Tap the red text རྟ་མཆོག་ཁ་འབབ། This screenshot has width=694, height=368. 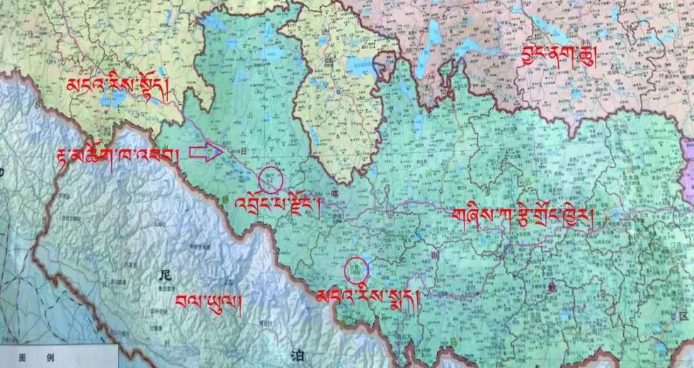pyautogui.click(x=118, y=154)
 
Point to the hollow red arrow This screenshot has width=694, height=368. pyautogui.click(x=205, y=152)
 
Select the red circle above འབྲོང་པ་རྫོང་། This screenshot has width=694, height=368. pyautogui.click(x=271, y=180)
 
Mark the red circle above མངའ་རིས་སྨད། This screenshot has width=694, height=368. pyautogui.click(x=356, y=270)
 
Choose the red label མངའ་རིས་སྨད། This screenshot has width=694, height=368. pyautogui.click(x=369, y=297)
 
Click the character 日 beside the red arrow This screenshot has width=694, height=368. pyautogui.click(x=244, y=151)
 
